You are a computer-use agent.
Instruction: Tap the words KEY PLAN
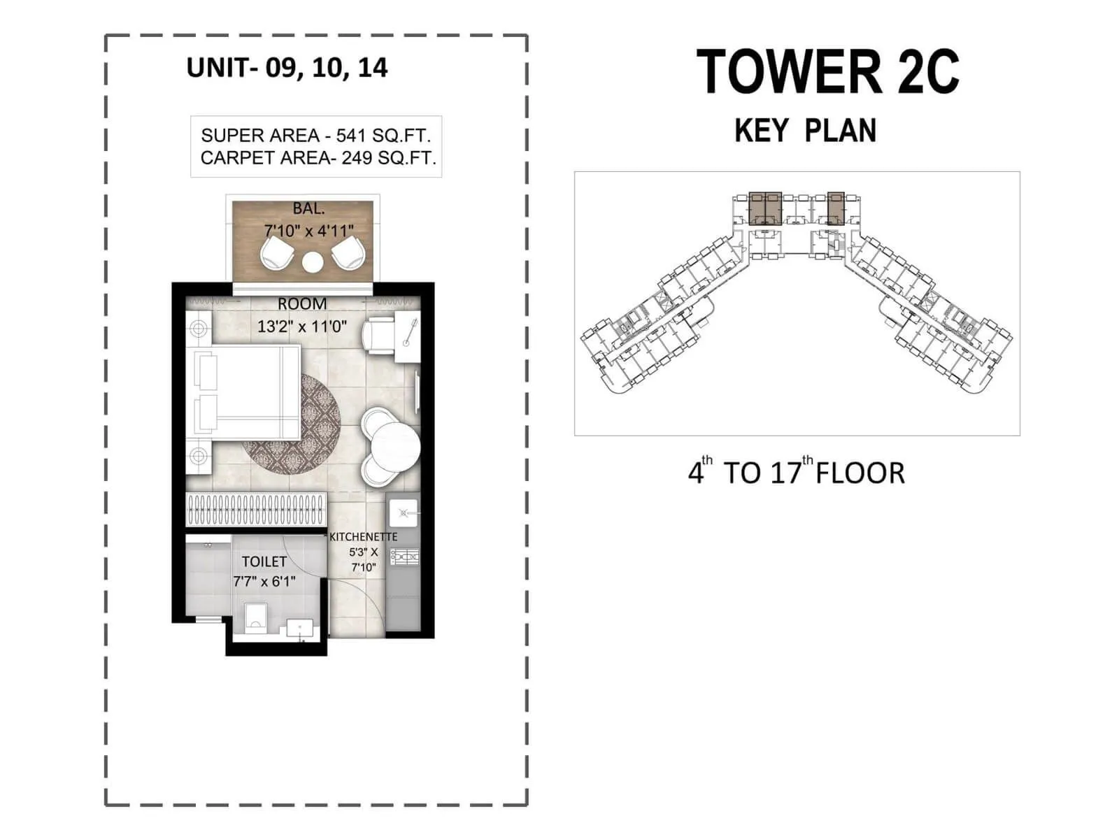coord(805,131)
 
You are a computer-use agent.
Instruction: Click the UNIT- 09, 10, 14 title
coord(287,68)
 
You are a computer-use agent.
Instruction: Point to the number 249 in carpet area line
coord(357,158)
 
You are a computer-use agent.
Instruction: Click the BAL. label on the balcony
coord(308,208)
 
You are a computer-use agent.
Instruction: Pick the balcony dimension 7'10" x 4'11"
coord(308,230)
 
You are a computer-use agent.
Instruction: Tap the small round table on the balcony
coord(313,262)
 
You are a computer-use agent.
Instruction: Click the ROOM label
coord(302,304)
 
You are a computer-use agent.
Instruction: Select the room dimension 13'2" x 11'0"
coord(302,326)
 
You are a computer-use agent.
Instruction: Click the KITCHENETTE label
coord(363,537)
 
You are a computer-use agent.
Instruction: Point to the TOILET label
coord(264,561)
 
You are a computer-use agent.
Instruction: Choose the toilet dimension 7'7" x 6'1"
coord(264,581)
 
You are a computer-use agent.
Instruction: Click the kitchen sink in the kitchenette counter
coord(404,513)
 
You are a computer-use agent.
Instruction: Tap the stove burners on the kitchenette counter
coord(404,557)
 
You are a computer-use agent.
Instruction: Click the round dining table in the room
coord(396,447)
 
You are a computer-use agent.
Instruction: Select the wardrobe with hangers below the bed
coord(256,510)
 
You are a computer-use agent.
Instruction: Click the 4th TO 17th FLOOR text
coord(796,473)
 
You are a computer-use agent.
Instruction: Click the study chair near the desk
coord(379,334)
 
